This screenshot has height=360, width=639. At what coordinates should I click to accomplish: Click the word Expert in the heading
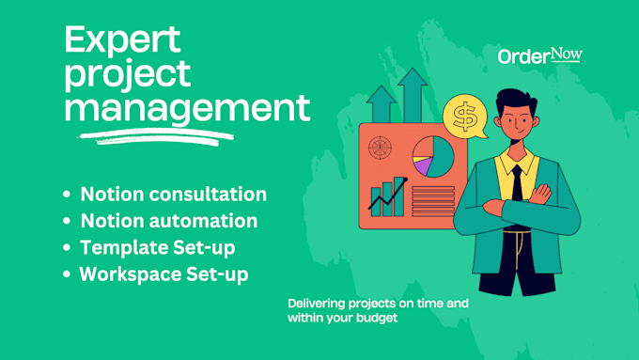123,42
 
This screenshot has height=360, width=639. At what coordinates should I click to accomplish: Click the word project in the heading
127,76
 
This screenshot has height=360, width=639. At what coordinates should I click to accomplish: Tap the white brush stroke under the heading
154,136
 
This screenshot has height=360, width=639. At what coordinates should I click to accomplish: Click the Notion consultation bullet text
173,195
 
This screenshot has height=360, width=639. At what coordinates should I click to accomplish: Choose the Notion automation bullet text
168,222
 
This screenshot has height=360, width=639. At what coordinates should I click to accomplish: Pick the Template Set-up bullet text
157,248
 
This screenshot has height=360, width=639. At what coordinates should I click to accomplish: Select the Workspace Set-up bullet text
164,275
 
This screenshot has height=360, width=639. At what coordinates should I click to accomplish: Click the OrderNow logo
539,55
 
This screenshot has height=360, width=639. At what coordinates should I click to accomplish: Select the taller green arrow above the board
412,94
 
